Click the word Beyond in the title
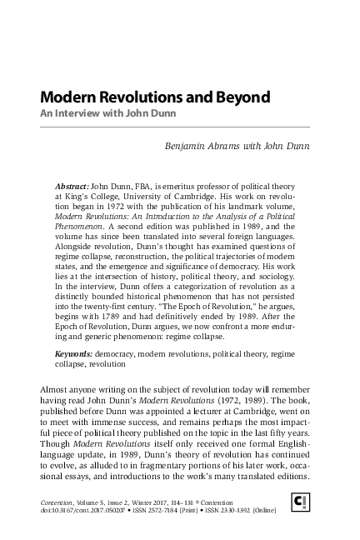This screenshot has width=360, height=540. (x=242, y=97)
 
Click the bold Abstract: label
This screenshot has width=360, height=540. (x=71, y=181)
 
